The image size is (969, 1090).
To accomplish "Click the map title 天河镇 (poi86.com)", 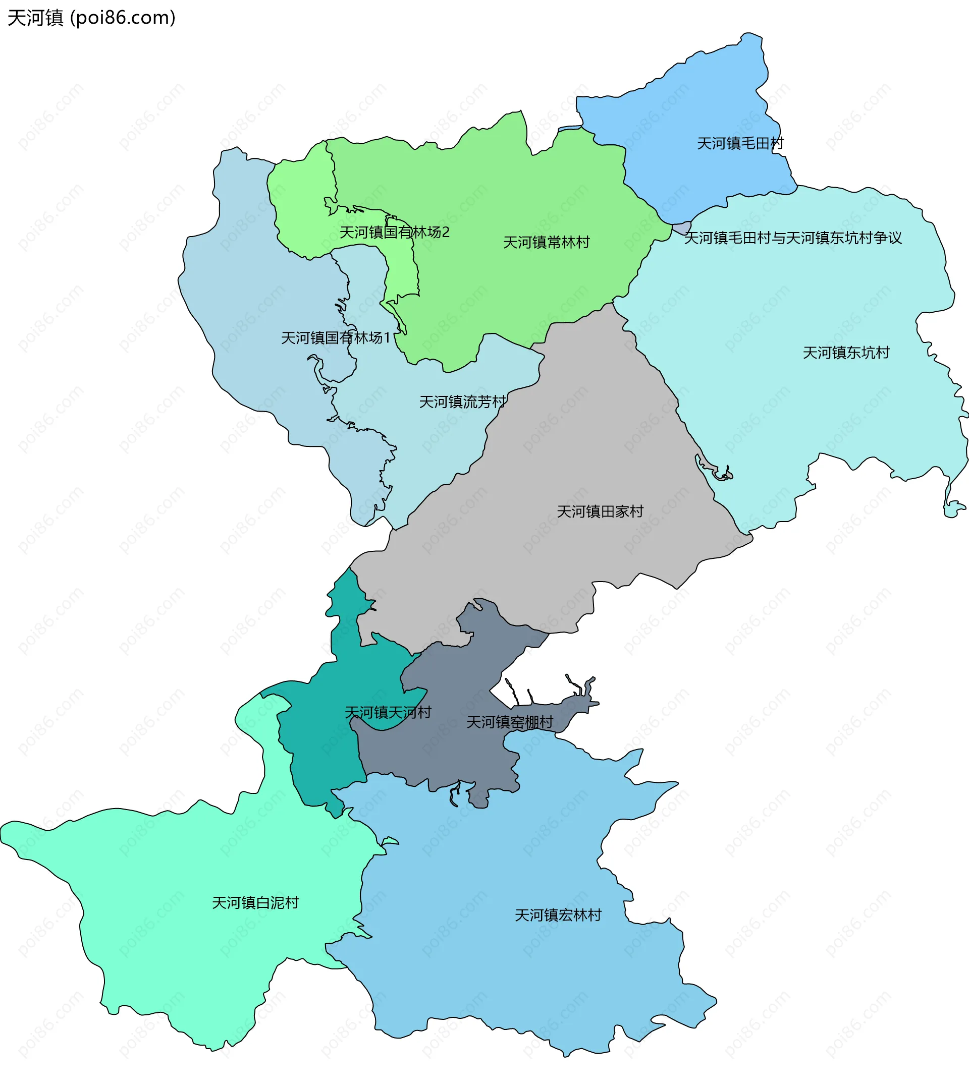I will [91, 18].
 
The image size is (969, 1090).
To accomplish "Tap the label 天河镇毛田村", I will [740, 143].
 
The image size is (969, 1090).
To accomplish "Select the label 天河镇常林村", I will [546, 243].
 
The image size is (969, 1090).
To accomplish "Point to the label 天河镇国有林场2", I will [394, 233].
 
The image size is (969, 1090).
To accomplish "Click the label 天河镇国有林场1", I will [336, 338].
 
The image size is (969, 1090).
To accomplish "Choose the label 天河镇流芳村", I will [462, 402].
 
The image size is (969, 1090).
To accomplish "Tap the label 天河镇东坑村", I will [846, 353].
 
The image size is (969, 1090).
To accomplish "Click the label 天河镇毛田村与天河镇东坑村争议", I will [792, 239].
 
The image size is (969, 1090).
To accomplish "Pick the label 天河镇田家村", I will [600, 512].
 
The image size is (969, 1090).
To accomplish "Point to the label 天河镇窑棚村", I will [510, 723].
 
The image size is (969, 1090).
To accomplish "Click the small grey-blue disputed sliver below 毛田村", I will [682, 228].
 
